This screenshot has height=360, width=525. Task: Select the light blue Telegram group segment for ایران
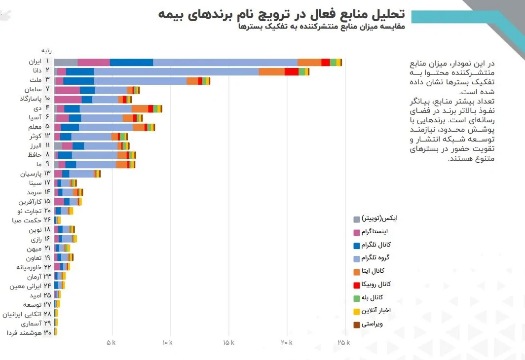pos(225,62)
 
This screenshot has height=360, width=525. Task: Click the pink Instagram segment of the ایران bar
pos(94,62)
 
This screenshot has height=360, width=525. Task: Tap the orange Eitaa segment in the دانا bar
pos(271,72)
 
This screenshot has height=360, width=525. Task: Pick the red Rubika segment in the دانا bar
pos(291,72)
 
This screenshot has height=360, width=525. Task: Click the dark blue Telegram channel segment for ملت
pos(78,81)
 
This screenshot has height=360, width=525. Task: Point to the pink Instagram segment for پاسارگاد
pos(68,100)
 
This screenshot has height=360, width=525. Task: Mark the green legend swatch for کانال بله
pos(357,298)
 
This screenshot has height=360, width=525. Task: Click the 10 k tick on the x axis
pos(170,342)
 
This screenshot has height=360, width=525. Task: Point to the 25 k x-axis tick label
pos(343,342)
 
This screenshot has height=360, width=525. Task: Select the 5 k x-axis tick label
pos(112,342)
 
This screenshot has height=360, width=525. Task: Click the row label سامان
pos(32,89)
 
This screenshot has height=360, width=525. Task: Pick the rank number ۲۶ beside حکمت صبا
pos(47,220)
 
